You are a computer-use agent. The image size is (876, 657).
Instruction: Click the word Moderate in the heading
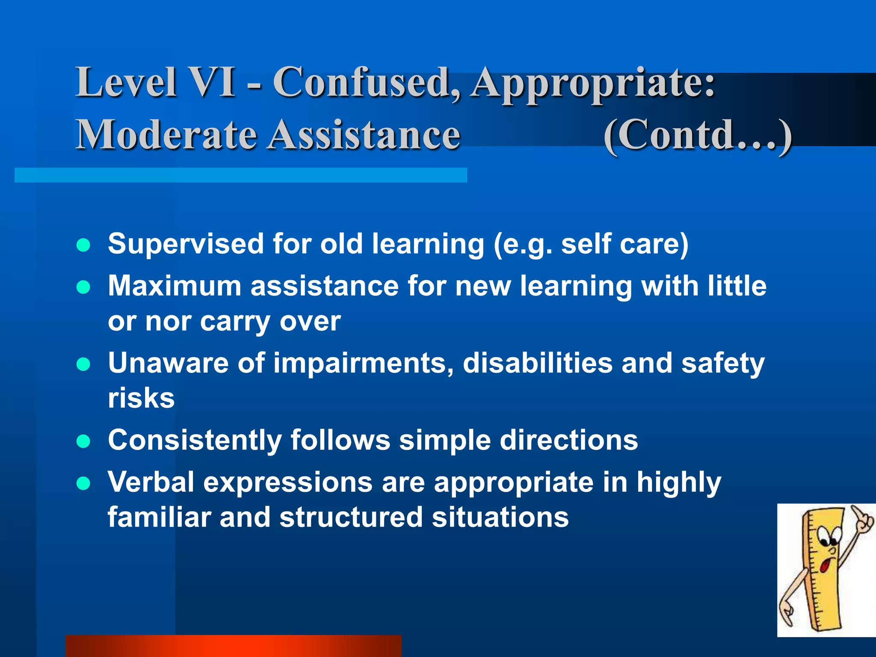tap(167, 135)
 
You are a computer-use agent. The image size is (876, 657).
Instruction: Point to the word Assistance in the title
tap(364, 135)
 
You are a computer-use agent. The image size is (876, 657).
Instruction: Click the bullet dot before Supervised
tap(83, 246)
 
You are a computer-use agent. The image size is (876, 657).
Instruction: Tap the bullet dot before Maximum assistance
tap(83, 287)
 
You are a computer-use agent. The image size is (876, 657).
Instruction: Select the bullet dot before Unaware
tap(83, 364)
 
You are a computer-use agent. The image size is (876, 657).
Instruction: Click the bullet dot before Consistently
tap(83, 441)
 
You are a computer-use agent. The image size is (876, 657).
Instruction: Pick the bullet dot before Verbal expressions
tap(83, 483)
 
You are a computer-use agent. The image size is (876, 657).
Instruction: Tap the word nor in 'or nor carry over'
tap(167, 322)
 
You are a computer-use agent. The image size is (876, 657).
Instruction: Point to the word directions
tap(568, 440)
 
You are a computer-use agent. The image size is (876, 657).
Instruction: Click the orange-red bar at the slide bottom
tap(233, 646)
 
